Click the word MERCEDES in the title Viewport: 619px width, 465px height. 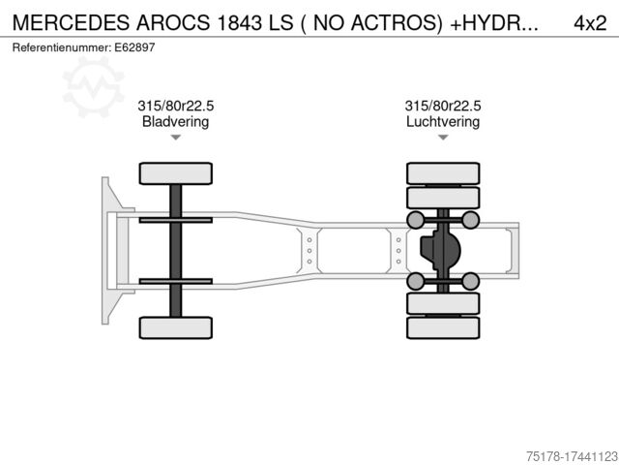coord(72,23)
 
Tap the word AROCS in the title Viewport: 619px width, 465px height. coord(173,23)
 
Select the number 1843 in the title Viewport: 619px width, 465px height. coord(240,23)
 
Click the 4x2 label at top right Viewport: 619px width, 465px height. coord(590,23)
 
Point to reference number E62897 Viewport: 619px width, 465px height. coord(134,47)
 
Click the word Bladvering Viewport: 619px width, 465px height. coord(175,121)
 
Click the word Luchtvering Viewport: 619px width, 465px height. coord(443,121)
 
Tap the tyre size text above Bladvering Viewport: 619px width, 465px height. coord(176,106)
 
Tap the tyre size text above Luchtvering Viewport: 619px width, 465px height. coord(443,106)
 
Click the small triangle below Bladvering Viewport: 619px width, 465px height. coord(176,138)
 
